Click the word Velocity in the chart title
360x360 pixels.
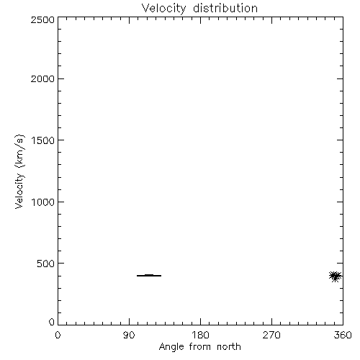pyautogui.click(x=164, y=9)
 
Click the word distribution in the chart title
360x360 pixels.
pyautogui.click(x=225, y=8)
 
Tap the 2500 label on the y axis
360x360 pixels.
pyautogui.click(x=42, y=20)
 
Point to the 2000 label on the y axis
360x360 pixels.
pyautogui.click(x=42, y=79)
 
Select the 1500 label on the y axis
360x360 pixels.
pyautogui.click(x=43, y=140)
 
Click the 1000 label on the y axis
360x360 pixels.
pyautogui.click(x=43, y=202)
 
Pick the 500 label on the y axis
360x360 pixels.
pyautogui.click(x=46, y=264)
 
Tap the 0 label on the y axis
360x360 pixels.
pyautogui.click(x=52, y=322)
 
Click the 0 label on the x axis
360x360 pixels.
pyautogui.click(x=58, y=335)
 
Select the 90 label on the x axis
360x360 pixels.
pyautogui.click(x=129, y=335)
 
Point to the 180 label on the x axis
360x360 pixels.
pyautogui.click(x=200, y=335)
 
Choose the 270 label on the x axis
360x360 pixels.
pyautogui.click(x=271, y=335)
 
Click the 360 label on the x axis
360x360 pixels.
pyautogui.click(x=343, y=335)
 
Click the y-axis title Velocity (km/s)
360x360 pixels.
pyautogui.click(x=19, y=171)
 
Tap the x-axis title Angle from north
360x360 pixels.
pyautogui.click(x=200, y=347)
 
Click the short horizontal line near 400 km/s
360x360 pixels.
pyautogui.click(x=149, y=276)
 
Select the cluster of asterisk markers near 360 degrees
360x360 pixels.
pyautogui.click(x=336, y=276)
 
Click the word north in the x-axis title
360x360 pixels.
pyautogui.click(x=229, y=347)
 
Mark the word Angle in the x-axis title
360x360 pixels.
pyautogui.click(x=172, y=348)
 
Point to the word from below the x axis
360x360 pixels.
pyautogui.click(x=201, y=347)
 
